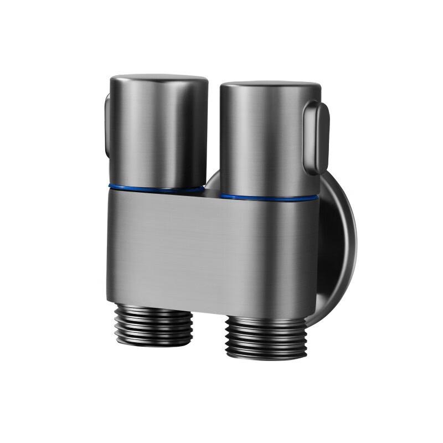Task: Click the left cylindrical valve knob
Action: pos(158,133)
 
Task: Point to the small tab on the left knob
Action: pos(107,125)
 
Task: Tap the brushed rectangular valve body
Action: pos(210,249)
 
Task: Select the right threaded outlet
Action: pos(265,338)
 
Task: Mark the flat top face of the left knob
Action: pos(159,78)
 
